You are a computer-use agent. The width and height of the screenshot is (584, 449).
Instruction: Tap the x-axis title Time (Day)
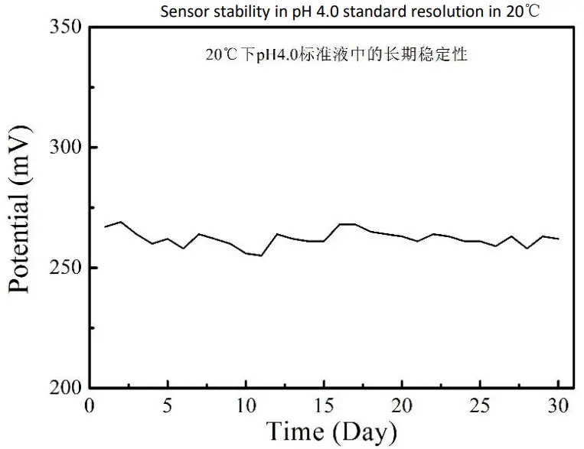coord(331,432)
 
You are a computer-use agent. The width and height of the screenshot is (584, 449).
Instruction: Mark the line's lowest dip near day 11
coord(261,255)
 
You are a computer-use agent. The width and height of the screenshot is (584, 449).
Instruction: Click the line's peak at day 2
coord(121,222)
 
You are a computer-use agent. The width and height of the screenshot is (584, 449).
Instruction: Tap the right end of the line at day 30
coord(559,239)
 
